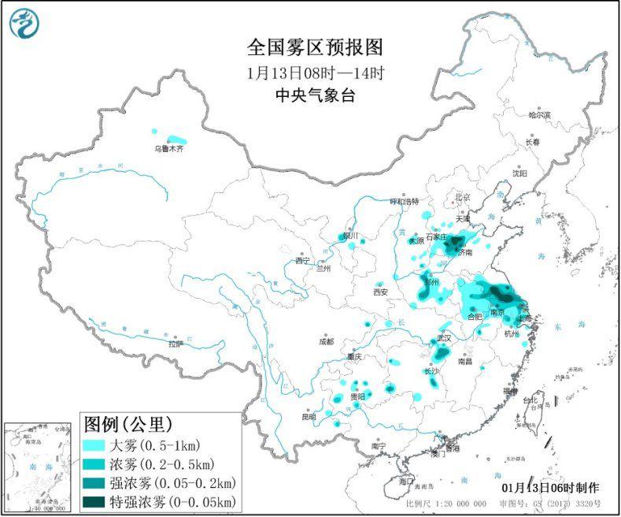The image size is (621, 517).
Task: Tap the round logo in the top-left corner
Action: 24,23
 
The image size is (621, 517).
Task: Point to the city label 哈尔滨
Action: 539,115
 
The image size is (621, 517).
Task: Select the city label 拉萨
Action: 175,344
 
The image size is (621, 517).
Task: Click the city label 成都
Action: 326,341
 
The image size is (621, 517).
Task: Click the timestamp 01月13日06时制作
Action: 549,488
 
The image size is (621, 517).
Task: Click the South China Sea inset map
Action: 39,465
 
